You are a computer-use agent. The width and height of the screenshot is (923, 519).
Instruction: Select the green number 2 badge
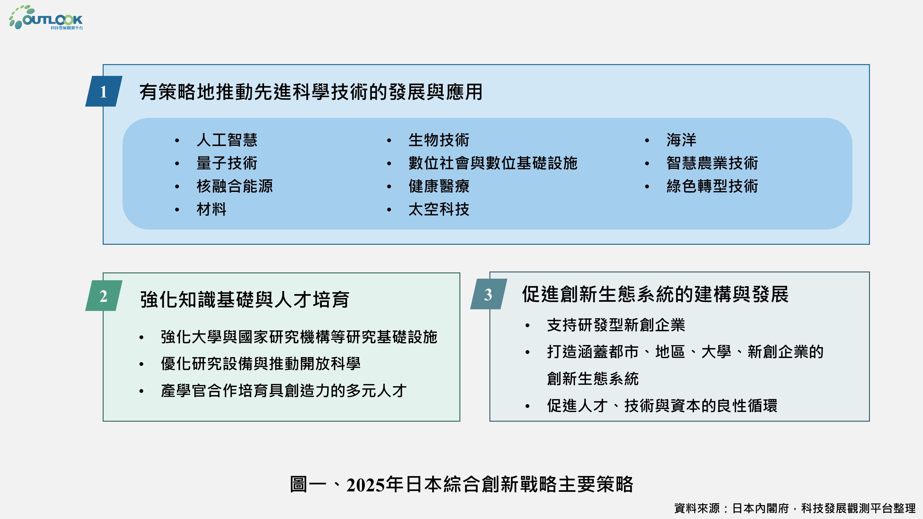pyautogui.click(x=104, y=296)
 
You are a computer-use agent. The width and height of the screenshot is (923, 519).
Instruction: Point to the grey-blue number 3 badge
pyautogui.click(x=488, y=294)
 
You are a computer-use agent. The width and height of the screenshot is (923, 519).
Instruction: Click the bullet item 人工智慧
pyautogui.click(x=227, y=140)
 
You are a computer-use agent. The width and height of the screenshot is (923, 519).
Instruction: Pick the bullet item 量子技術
pyautogui.click(x=227, y=163)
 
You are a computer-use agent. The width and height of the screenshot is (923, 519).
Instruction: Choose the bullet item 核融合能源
pyautogui.click(x=235, y=186)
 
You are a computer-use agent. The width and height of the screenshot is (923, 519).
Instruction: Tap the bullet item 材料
pyautogui.click(x=211, y=209)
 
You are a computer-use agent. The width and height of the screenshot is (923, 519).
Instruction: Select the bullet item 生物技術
pyautogui.click(x=439, y=140)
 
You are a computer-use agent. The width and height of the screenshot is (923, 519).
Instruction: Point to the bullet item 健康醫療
pyautogui.click(x=439, y=186)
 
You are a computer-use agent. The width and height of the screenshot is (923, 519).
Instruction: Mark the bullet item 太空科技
pyautogui.click(x=439, y=209)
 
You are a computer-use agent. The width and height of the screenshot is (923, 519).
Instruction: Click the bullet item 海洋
pyautogui.click(x=681, y=140)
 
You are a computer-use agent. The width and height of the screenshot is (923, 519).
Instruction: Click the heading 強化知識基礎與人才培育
pyautogui.click(x=245, y=299)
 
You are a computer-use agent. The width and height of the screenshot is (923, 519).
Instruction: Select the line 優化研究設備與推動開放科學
pyautogui.click(x=261, y=364)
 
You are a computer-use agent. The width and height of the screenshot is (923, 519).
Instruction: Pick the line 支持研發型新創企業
pyautogui.click(x=616, y=325)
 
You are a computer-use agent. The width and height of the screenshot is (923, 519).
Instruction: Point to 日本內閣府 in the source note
pyautogui.click(x=760, y=508)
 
